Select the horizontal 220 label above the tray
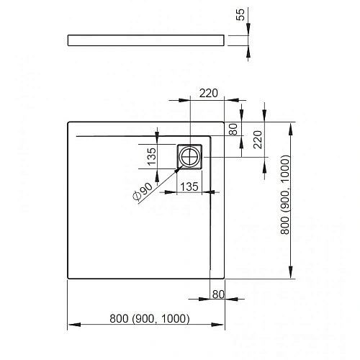click(208, 93)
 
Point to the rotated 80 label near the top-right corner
click(233, 130)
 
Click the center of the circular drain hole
click(192, 156)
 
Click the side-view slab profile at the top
click(148, 40)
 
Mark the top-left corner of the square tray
click(67, 122)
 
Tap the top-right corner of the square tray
click(225, 122)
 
